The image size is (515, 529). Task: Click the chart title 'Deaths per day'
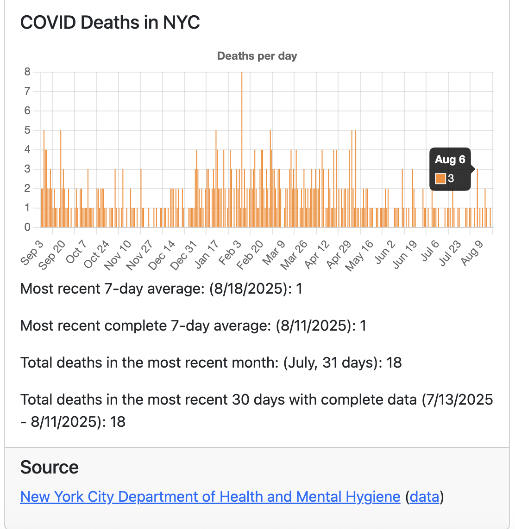pyautogui.click(x=257, y=56)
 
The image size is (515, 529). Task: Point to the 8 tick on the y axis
pyautogui.click(x=27, y=72)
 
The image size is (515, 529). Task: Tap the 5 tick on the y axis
pyautogui.click(x=27, y=130)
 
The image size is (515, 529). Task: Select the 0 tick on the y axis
pyautogui.click(x=27, y=228)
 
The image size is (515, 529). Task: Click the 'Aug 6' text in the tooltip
pyautogui.click(x=450, y=160)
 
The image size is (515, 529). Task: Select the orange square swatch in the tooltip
pyautogui.click(x=440, y=178)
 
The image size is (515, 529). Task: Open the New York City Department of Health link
pyautogui.click(x=210, y=497)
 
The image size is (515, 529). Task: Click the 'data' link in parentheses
pyautogui.click(x=425, y=497)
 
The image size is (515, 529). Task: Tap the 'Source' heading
pyautogui.click(x=50, y=467)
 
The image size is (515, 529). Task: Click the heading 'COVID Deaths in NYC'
pyautogui.click(x=110, y=23)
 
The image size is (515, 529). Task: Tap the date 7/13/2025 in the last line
pyautogui.click(x=457, y=400)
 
